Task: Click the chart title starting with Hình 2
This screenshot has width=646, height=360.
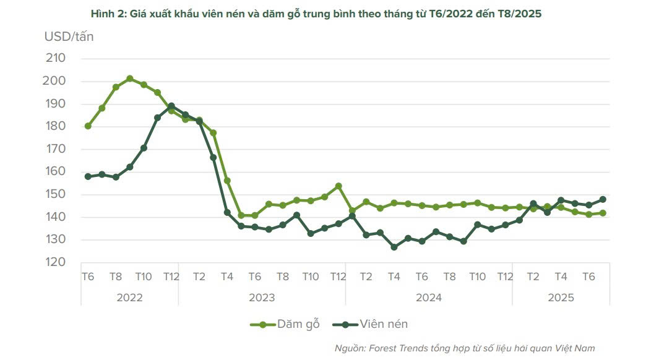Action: [x=316, y=13]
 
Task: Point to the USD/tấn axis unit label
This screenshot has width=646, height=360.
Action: [x=69, y=36]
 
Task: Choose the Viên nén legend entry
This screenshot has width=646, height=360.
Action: [x=370, y=324]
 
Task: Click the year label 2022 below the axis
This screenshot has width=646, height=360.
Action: [x=129, y=298]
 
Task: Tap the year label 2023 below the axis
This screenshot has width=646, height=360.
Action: [x=262, y=298]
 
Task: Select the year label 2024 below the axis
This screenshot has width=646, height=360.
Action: [x=429, y=298]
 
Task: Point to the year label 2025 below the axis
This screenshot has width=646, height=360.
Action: [x=561, y=298]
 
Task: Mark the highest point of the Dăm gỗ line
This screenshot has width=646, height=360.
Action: [x=129, y=79]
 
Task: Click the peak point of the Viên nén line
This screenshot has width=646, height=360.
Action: [x=171, y=106]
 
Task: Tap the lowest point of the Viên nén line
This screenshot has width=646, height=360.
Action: [x=394, y=247]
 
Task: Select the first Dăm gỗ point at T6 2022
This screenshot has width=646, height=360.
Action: [x=88, y=126]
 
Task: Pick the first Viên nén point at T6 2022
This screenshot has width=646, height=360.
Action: [x=88, y=176]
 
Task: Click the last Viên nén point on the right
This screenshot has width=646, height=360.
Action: [x=602, y=199]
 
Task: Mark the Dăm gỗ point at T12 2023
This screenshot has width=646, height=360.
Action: [x=338, y=186]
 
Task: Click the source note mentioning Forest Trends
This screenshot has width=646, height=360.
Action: [x=465, y=348]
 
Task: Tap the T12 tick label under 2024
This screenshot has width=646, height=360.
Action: [x=506, y=276]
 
